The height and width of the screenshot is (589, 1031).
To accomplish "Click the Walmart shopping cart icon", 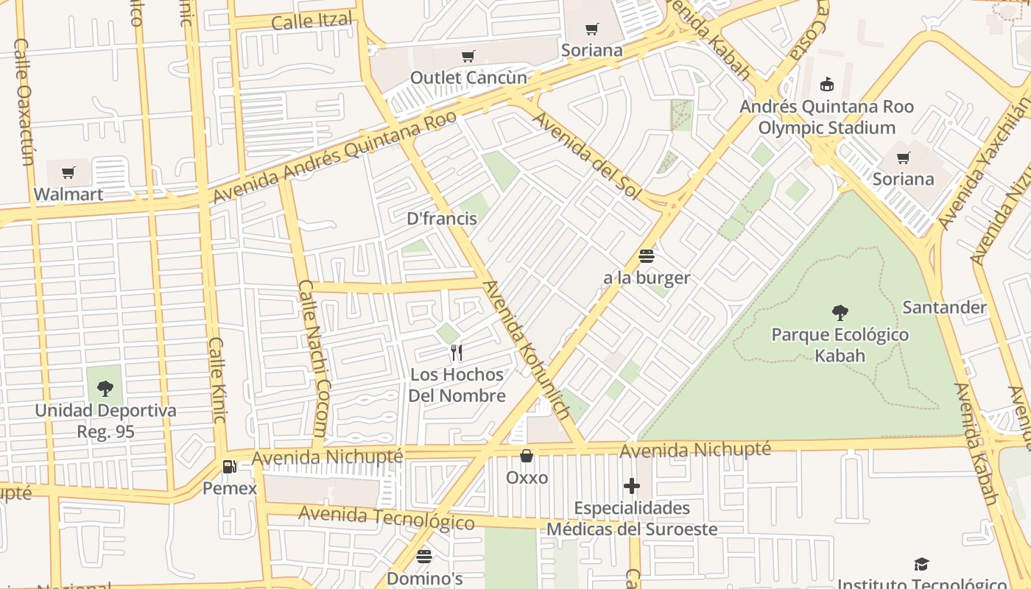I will [68, 173].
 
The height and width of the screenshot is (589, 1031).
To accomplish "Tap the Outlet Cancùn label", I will [468, 77].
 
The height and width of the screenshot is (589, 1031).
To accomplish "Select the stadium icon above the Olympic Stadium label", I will [827, 84].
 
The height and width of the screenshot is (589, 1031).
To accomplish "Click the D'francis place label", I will [442, 219].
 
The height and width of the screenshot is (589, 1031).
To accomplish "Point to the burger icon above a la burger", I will [647, 256].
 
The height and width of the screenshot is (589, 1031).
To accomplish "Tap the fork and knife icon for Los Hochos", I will [457, 353].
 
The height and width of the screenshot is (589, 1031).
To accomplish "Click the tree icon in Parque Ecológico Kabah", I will [840, 313].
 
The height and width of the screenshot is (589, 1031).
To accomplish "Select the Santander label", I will [944, 307].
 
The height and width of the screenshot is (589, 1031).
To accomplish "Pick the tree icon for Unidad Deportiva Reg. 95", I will [105, 388].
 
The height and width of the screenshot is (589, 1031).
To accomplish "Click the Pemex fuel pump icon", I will [230, 466].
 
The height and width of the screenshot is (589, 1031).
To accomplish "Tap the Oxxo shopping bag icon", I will [527, 456].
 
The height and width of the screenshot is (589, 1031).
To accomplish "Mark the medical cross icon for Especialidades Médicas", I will [631, 486].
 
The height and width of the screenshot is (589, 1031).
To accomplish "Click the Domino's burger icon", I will [424, 557].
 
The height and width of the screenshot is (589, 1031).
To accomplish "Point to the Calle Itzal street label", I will [312, 21].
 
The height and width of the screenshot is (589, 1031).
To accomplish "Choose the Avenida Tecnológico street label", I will [387, 518].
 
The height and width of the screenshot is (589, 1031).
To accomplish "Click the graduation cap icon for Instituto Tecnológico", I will [921, 565].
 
